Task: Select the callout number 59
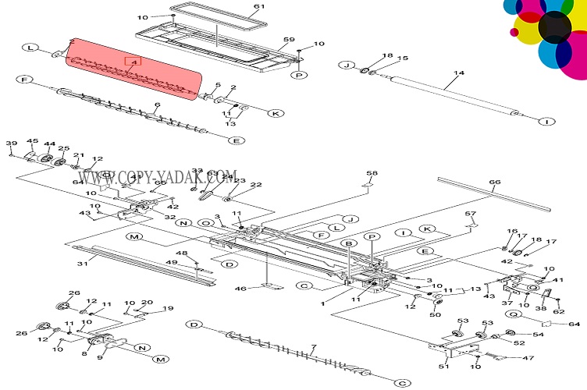pos(288,39)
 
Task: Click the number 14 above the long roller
pos(459,73)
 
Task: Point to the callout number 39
pos(11,143)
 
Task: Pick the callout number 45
pos(32,141)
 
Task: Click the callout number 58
pos(372,173)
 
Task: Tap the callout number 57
pos(470,214)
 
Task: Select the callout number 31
pos(80,263)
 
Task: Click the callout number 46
pos(241,289)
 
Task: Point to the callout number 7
pos(314,346)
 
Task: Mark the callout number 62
pos(557,312)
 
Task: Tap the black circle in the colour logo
pos(554,27)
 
